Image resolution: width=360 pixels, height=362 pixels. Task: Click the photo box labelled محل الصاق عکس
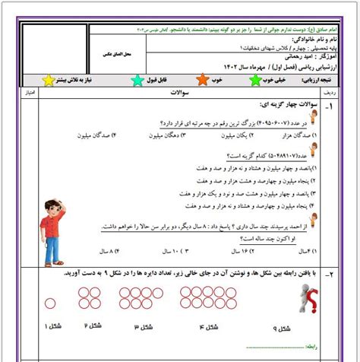(x=55, y=56)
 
